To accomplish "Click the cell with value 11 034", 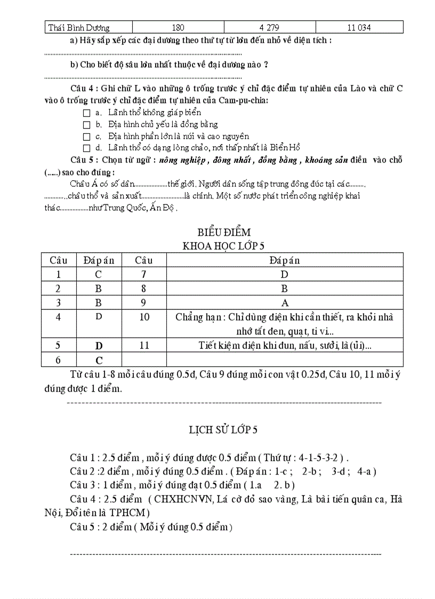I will (x=359, y=27).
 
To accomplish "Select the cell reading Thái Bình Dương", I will (x=79, y=27).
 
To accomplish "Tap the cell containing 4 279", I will (x=269, y=27).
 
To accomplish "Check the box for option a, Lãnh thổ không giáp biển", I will (x=87, y=113).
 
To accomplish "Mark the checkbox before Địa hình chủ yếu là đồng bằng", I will (x=87, y=125).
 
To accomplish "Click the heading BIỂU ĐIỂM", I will (x=224, y=233).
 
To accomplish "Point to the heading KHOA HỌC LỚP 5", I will (x=224, y=246).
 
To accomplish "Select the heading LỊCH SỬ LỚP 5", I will (x=223, y=430).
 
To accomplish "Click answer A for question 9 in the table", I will (x=284, y=302).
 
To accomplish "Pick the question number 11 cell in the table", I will (x=144, y=346).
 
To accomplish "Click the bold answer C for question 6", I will (x=99, y=361).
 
